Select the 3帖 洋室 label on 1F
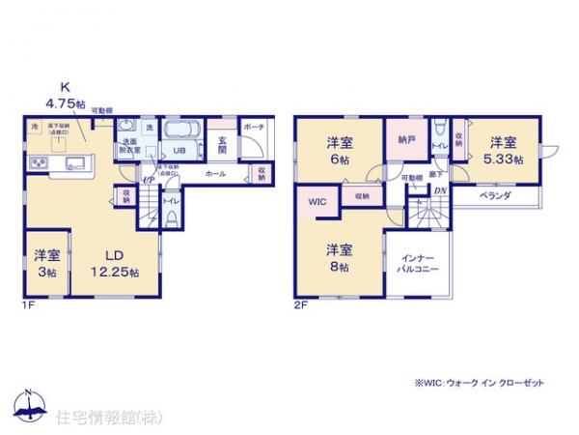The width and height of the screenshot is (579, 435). [x=47, y=262]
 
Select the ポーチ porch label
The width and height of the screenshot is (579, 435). [x=254, y=128]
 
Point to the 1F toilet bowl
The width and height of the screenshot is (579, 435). [x=171, y=217]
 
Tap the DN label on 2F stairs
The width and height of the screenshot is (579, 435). [x=440, y=190]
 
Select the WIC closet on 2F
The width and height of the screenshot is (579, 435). [x=317, y=202]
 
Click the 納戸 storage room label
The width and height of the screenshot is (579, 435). [x=405, y=139]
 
